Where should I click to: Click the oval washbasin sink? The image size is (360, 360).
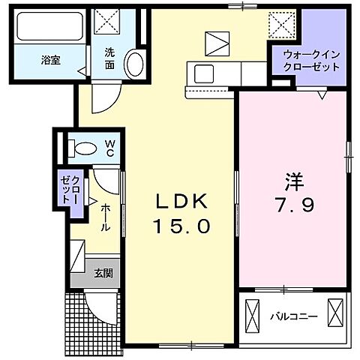click(134, 64)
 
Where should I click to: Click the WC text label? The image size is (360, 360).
click(109, 147)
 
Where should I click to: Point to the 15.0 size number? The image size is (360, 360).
click(181, 224)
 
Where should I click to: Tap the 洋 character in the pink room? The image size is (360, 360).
click(292, 181)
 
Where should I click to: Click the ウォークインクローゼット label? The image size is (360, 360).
click(311, 59)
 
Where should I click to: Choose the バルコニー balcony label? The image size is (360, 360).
click(293, 316)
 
